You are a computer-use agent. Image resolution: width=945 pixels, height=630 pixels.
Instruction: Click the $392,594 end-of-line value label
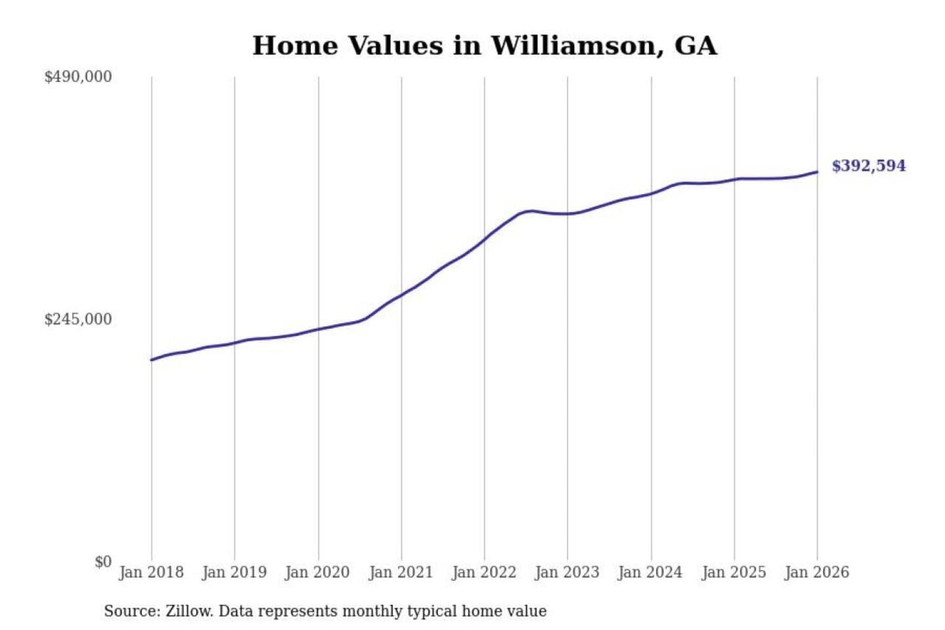[868, 166]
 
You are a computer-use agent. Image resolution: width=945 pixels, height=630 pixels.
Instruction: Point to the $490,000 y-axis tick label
[78, 77]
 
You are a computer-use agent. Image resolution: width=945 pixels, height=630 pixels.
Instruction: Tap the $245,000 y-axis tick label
[78, 320]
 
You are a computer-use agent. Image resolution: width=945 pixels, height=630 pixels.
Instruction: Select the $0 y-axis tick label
[103, 562]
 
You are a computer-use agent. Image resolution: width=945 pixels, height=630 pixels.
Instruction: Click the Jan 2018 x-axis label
[151, 572]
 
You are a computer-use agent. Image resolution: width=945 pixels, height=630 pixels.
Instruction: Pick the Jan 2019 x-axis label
[234, 572]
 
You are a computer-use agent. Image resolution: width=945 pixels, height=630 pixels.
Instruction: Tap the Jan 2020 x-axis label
[318, 572]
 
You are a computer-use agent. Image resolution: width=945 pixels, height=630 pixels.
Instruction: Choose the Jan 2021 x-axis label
[401, 572]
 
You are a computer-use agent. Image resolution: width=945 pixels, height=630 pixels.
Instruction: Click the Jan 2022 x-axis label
[484, 572]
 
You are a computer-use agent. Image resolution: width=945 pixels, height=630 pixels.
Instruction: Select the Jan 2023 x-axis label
[567, 572]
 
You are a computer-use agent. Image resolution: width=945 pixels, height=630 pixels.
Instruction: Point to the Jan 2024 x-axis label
[650, 572]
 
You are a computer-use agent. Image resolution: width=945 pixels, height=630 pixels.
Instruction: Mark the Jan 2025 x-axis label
[734, 572]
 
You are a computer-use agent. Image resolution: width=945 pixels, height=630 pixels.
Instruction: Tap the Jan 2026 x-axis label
[817, 572]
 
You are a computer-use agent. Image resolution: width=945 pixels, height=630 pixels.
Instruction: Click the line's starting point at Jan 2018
[152, 360]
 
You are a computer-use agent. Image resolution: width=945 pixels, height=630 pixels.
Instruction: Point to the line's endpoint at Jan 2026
[817, 172]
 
